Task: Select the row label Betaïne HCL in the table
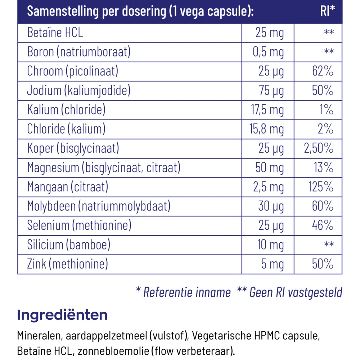[55, 33]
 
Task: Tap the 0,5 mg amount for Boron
[268, 53]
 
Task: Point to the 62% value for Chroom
[323, 72]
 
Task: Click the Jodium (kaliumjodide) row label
[78, 91]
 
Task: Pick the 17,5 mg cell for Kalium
[267, 110]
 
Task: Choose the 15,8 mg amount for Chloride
[267, 129]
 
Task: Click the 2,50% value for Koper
[319, 149]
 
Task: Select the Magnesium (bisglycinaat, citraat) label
[104, 168]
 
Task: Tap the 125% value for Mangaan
[321, 187]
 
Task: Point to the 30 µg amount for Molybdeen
[271, 206]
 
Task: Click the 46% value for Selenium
[323, 226]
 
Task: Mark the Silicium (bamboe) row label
[69, 245]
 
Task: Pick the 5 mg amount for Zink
[273, 264]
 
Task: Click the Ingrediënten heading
[62, 315]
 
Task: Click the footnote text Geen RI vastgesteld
[295, 292]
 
